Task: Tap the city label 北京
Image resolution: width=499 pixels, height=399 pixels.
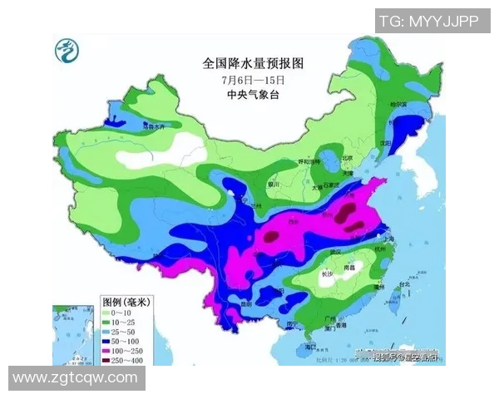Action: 348,157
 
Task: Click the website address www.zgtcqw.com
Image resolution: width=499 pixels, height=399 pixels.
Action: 76,377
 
